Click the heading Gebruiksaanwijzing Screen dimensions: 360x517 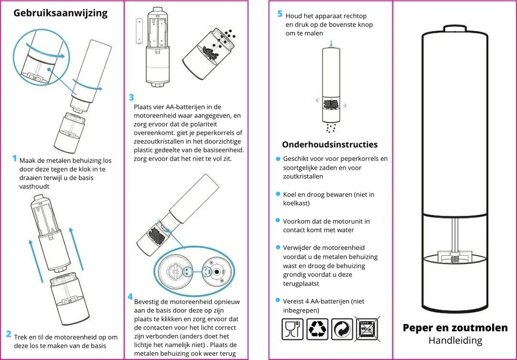pos(60,13)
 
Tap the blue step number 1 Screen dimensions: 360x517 pos(14,159)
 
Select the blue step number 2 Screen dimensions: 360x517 pos(8,334)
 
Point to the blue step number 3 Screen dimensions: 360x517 pos(131,97)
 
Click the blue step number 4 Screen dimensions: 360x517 pos(130,297)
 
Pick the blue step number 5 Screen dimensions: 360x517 pos(280,14)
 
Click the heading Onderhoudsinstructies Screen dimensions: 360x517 pos(330,144)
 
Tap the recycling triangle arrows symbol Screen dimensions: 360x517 pos(317,329)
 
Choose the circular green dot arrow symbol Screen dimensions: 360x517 pos(342,329)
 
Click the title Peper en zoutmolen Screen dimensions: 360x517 pos(455,328)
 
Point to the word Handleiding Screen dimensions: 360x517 pos(455,341)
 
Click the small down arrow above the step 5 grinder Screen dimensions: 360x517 pos(331,43)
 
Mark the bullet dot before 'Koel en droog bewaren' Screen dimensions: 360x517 pos(278,194)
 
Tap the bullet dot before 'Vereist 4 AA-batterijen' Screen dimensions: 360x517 pos(278,301)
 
